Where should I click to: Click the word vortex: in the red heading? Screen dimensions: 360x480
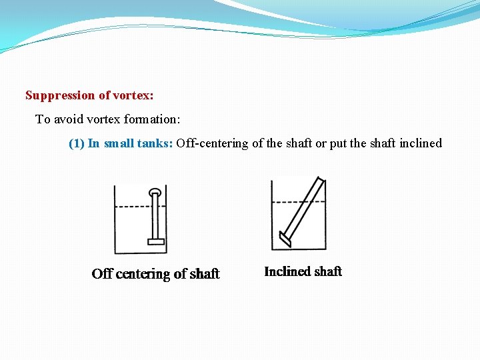133,95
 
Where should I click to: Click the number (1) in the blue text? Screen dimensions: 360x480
77,143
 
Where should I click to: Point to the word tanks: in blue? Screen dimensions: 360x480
155,143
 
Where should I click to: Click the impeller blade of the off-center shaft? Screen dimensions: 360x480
156,241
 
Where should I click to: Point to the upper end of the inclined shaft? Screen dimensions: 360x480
321,182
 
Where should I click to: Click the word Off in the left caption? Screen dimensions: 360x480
102,274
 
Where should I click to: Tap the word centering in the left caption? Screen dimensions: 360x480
143,274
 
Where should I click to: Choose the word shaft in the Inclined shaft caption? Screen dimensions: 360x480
327,271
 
